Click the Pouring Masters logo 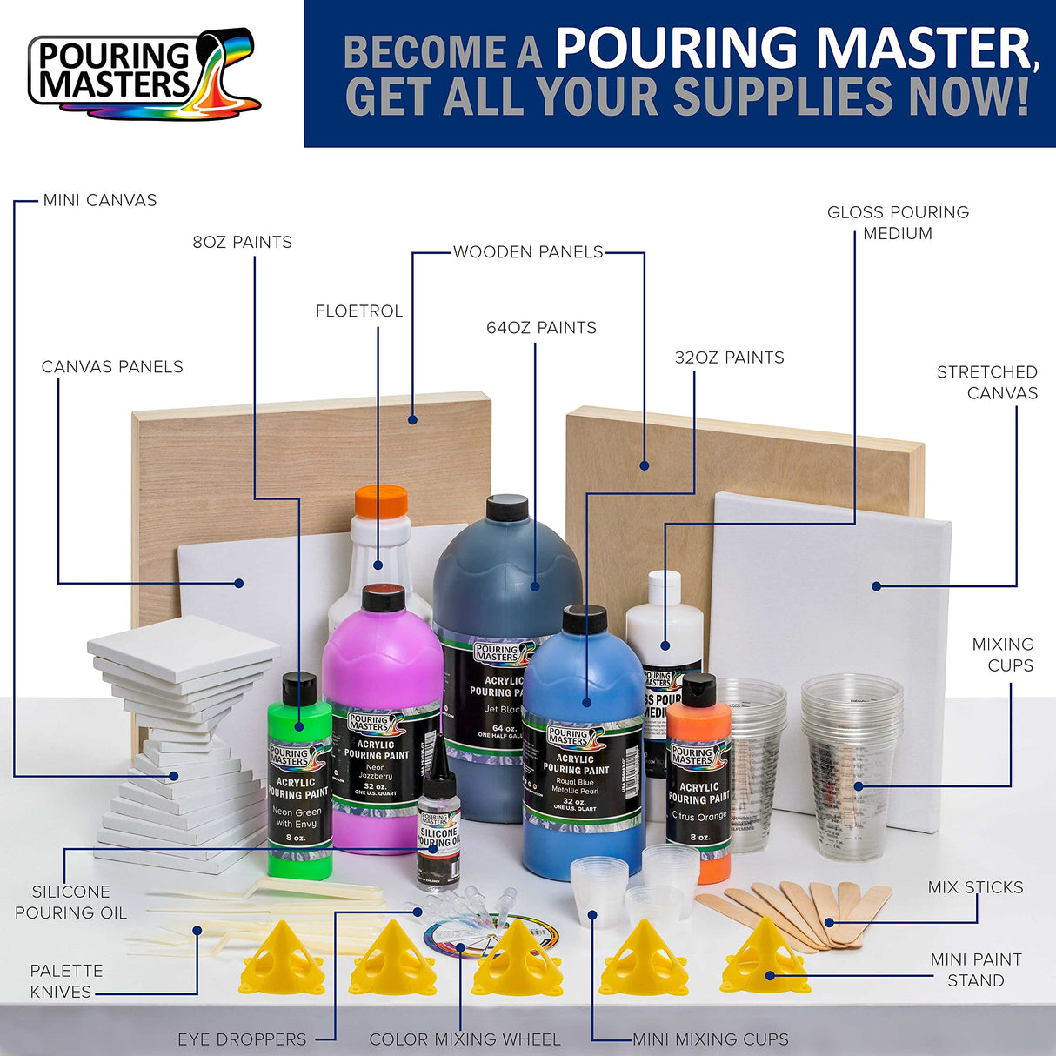click(x=144, y=74)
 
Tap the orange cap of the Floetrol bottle click(x=381, y=502)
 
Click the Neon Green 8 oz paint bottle click(x=299, y=783)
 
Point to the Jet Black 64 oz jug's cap click(x=507, y=507)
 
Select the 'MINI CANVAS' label click(x=100, y=200)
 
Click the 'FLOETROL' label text click(x=359, y=311)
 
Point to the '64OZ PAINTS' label click(x=541, y=328)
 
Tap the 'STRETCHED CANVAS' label click(x=987, y=382)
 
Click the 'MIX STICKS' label click(x=975, y=887)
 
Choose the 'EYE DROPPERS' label click(x=242, y=1039)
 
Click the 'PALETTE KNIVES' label click(x=66, y=981)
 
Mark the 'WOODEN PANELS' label click(x=528, y=252)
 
